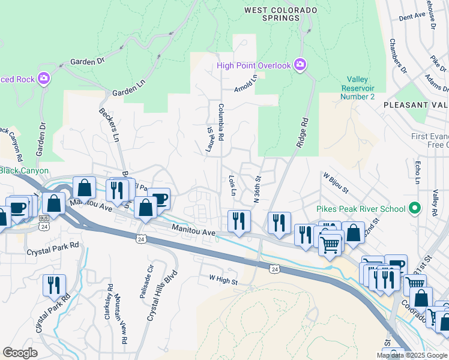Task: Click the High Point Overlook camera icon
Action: pos(300,65)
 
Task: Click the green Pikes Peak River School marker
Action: pos(413,209)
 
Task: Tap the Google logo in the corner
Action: pos(20,352)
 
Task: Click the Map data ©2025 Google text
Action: pos(412,355)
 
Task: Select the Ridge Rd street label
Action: pos(302,133)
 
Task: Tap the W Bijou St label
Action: pos(336,183)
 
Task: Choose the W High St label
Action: pos(223,280)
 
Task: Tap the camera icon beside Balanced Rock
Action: pos(43,79)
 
